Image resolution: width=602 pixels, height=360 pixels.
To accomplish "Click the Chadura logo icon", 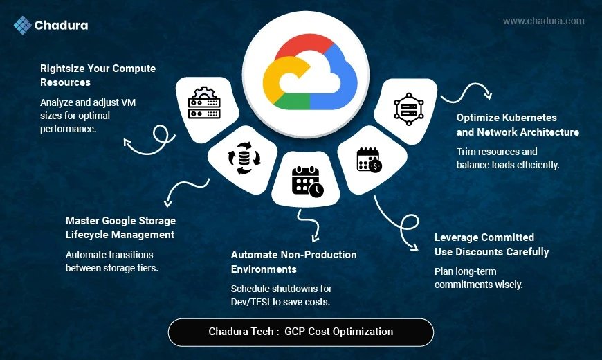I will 23,26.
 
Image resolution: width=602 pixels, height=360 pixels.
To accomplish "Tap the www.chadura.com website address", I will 543,21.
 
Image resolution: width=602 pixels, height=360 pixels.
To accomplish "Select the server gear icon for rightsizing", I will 203,105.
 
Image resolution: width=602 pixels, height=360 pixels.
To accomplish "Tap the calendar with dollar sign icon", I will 368,160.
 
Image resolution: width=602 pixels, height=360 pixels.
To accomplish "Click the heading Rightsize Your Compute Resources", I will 98,75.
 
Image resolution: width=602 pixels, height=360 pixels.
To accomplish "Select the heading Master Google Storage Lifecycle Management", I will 120,228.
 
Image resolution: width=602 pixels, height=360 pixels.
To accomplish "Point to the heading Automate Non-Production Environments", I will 293,262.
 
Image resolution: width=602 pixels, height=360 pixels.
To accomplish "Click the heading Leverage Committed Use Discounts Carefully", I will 491,244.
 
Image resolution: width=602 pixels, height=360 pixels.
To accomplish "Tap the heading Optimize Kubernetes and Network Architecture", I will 518,125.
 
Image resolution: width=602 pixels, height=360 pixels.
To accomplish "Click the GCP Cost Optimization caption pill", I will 300,332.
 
